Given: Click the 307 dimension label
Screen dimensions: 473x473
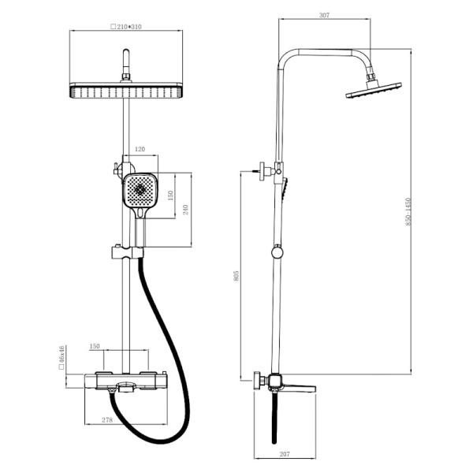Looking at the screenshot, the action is [x=324, y=15].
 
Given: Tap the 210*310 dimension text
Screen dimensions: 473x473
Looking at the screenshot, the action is [x=126, y=27].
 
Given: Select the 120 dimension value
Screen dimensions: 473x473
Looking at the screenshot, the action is [x=140, y=149].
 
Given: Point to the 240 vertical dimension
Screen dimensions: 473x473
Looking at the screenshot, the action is [x=185, y=210].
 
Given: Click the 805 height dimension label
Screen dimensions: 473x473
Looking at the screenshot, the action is [x=236, y=276].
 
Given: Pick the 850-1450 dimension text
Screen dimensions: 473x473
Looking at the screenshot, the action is [x=408, y=212].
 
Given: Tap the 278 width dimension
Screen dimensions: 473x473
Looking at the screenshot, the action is [x=107, y=419].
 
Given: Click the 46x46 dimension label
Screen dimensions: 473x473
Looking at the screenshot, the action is [x=61, y=357].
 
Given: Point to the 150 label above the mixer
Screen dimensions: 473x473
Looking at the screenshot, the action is [x=95, y=346].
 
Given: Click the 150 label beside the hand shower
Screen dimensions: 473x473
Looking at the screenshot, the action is [x=170, y=196].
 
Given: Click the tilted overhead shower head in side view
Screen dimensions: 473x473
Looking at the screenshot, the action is [x=374, y=90].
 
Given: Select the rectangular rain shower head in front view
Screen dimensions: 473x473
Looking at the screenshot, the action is [x=126, y=90].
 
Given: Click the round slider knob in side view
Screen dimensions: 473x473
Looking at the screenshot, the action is [x=277, y=252].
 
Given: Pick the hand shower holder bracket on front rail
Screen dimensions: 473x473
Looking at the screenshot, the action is [x=128, y=253].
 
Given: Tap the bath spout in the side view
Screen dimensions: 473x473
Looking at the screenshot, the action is [x=298, y=388].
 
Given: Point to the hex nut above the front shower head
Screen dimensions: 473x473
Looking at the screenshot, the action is [x=126, y=76].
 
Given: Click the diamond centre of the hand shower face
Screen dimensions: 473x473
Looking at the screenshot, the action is [x=140, y=189].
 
